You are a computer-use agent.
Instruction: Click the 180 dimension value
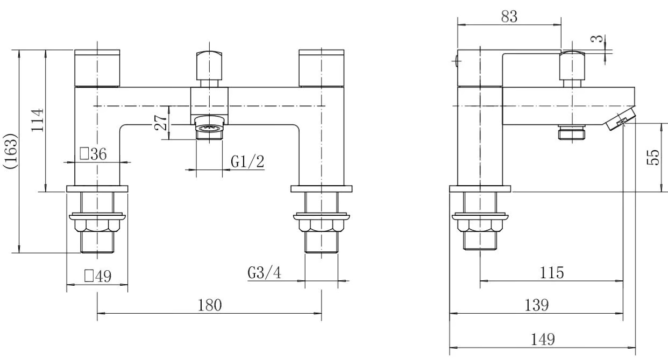click(x=210, y=305)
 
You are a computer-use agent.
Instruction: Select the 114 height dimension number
click(x=38, y=120)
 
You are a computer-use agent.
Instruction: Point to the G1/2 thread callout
click(x=247, y=161)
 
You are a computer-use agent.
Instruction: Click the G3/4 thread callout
click(x=264, y=273)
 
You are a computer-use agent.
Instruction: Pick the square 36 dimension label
click(x=93, y=154)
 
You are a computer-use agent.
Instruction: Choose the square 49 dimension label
click(x=98, y=276)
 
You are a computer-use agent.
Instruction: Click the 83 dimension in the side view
click(x=509, y=16)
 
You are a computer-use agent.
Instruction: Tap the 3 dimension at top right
click(x=597, y=39)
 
